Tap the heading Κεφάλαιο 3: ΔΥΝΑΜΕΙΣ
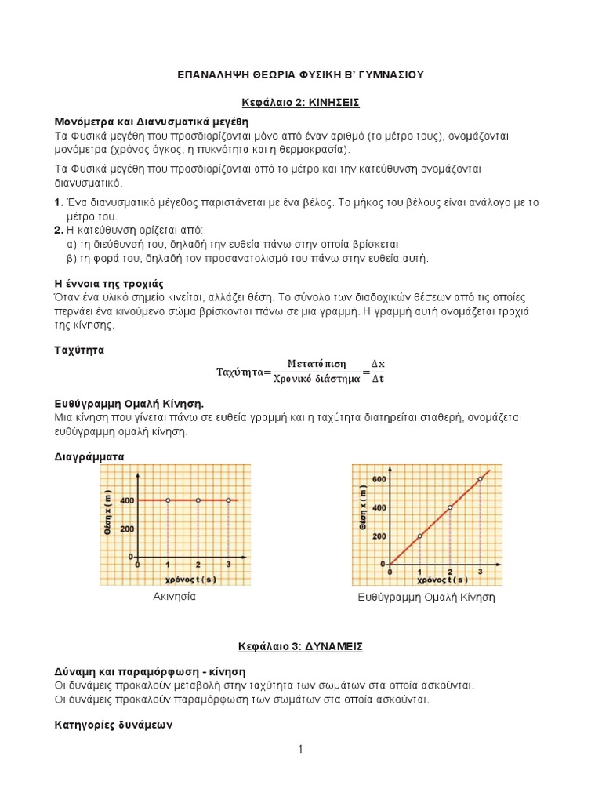(300, 647)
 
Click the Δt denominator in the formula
(380, 379)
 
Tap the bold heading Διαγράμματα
(89, 456)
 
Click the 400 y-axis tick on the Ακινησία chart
(126, 500)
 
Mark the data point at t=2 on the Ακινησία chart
(198, 500)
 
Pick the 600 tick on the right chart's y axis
(379, 479)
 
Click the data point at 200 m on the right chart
(420, 536)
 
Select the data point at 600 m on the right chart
(480, 479)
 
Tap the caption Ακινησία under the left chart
(174, 597)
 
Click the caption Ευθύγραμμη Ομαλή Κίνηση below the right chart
(426, 598)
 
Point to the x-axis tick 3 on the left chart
(228, 565)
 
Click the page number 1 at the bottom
(300, 750)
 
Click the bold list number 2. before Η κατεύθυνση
(59, 230)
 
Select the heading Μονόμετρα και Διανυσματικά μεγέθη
(150, 122)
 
